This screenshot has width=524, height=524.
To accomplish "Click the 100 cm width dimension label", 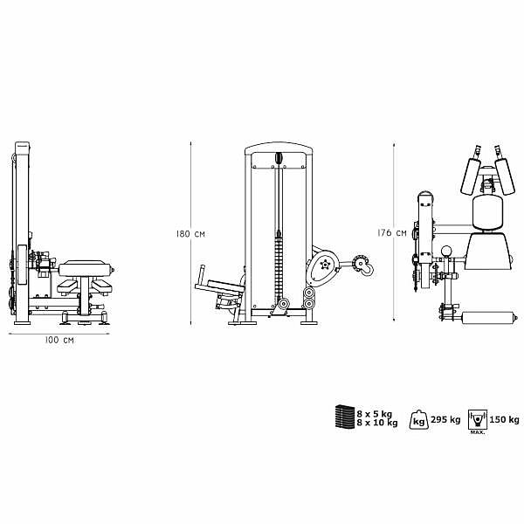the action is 59,341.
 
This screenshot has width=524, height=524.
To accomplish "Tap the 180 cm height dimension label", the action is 190,234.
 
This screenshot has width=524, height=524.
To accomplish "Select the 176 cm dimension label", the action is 392,233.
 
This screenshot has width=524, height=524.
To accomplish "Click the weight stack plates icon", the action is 345,417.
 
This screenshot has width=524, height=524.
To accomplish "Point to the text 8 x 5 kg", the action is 375,414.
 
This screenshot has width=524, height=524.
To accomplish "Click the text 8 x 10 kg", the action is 377,423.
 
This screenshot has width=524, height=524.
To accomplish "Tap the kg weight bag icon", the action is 418,420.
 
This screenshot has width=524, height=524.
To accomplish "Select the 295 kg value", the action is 445,420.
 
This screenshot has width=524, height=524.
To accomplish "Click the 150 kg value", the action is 504,420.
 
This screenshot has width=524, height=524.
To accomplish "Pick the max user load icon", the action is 478,420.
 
